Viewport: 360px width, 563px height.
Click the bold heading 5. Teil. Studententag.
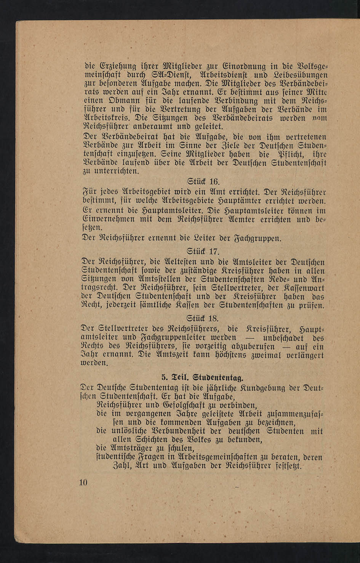(x=202, y=378)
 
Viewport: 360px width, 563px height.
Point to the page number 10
(x=83, y=482)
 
